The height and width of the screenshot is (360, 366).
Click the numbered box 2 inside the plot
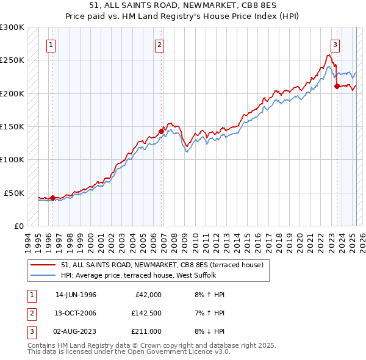[159, 44]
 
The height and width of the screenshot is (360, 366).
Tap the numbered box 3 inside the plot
[335, 44]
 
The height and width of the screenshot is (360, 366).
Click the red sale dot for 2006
[162, 131]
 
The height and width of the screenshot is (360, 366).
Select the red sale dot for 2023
[337, 86]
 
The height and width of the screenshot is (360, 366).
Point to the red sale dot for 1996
[52, 198]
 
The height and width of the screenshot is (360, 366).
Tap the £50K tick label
[14, 193]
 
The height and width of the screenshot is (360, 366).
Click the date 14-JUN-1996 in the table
[76, 295]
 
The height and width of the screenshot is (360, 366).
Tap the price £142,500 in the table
[146, 313]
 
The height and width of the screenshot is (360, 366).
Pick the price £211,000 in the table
[146, 331]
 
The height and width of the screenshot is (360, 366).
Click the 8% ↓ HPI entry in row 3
[207, 331]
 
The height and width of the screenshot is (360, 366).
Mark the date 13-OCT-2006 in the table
[76, 313]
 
